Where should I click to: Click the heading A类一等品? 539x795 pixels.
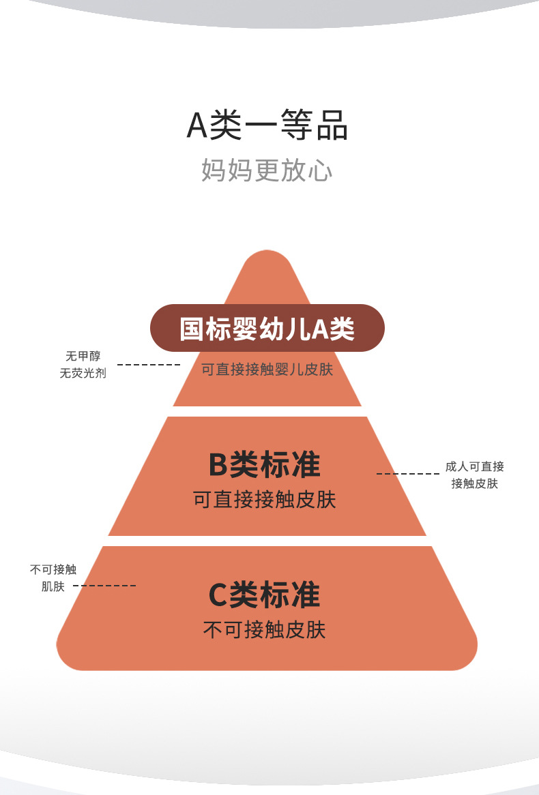pos(267,127)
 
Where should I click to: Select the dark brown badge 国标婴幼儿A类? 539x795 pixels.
pos(267,329)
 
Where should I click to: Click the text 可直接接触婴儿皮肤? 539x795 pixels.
pos(267,370)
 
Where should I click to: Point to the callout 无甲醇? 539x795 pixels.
pos(83,356)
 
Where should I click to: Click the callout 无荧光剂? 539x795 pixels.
pos(83,374)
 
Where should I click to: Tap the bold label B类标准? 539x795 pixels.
pos(265,465)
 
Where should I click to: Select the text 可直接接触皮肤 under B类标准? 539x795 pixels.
pos(265,500)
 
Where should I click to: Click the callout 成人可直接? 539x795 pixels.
pos(474,467)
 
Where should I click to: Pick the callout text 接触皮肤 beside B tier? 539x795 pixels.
pos(474,484)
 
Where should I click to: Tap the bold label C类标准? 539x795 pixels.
pos(264,595)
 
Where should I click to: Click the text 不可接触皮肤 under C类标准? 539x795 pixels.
pos(264,629)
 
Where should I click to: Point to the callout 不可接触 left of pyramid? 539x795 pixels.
pos(53,569)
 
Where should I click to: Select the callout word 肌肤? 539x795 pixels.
pos(53,586)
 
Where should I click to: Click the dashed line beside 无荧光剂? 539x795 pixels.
pos(148,365)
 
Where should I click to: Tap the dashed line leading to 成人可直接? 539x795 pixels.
pos(407,474)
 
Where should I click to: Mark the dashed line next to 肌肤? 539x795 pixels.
pos(104,586)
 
